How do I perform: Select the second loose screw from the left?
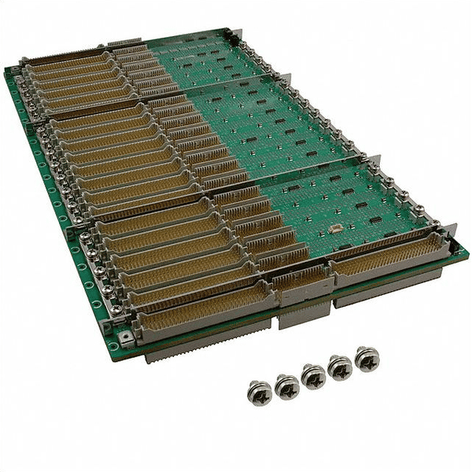pyautogui.click(x=287, y=385)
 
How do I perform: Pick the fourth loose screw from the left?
pyautogui.click(x=340, y=367)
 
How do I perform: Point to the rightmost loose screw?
pyautogui.click(x=366, y=358)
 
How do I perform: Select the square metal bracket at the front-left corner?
pyautogui.click(x=126, y=337)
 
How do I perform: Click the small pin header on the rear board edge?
pyautogui.click(x=124, y=40)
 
